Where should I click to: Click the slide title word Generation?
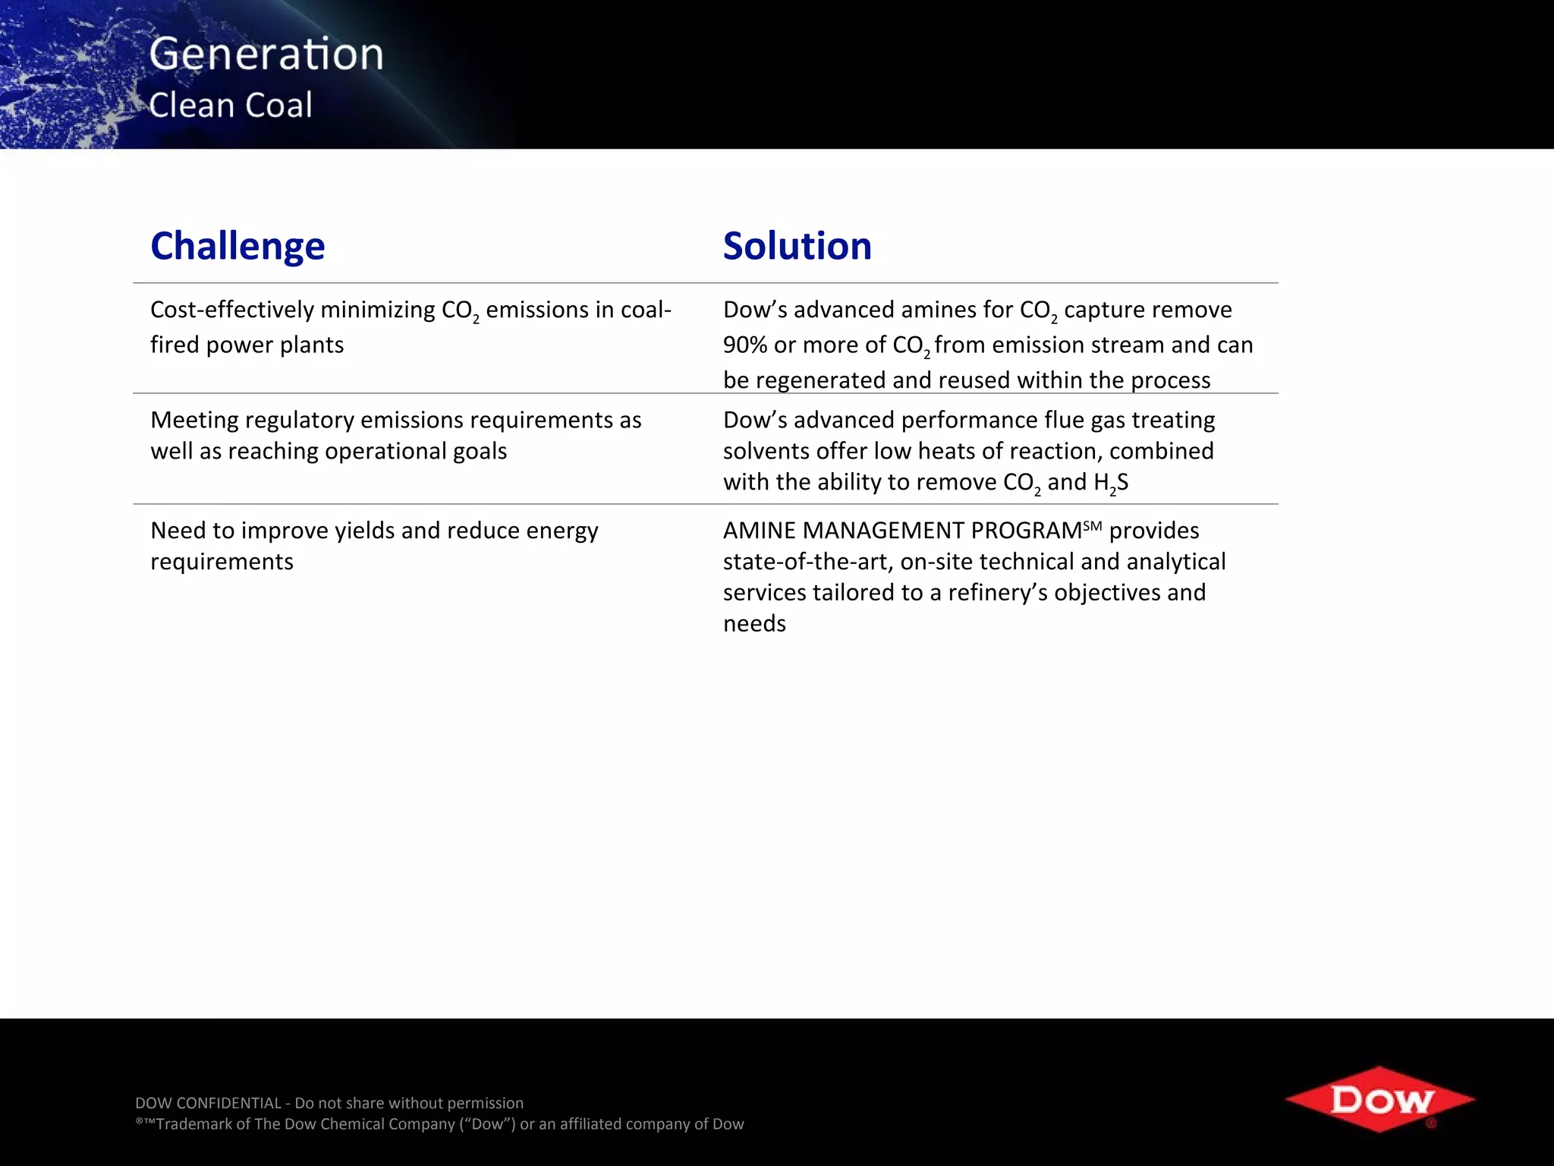point(266,55)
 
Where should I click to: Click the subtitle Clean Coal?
point(231,105)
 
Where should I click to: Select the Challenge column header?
point(238,246)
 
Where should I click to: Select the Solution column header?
point(797,246)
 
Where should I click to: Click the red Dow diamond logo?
point(1380,1099)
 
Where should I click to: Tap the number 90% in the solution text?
point(745,345)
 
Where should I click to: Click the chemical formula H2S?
point(1111,483)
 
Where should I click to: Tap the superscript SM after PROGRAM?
point(1092,525)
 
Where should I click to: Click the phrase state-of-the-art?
point(805,562)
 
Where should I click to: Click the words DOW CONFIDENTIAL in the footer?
point(208,1103)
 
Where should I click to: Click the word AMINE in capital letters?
point(759,531)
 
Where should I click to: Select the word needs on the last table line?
point(754,624)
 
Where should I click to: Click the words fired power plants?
point(247,345)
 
